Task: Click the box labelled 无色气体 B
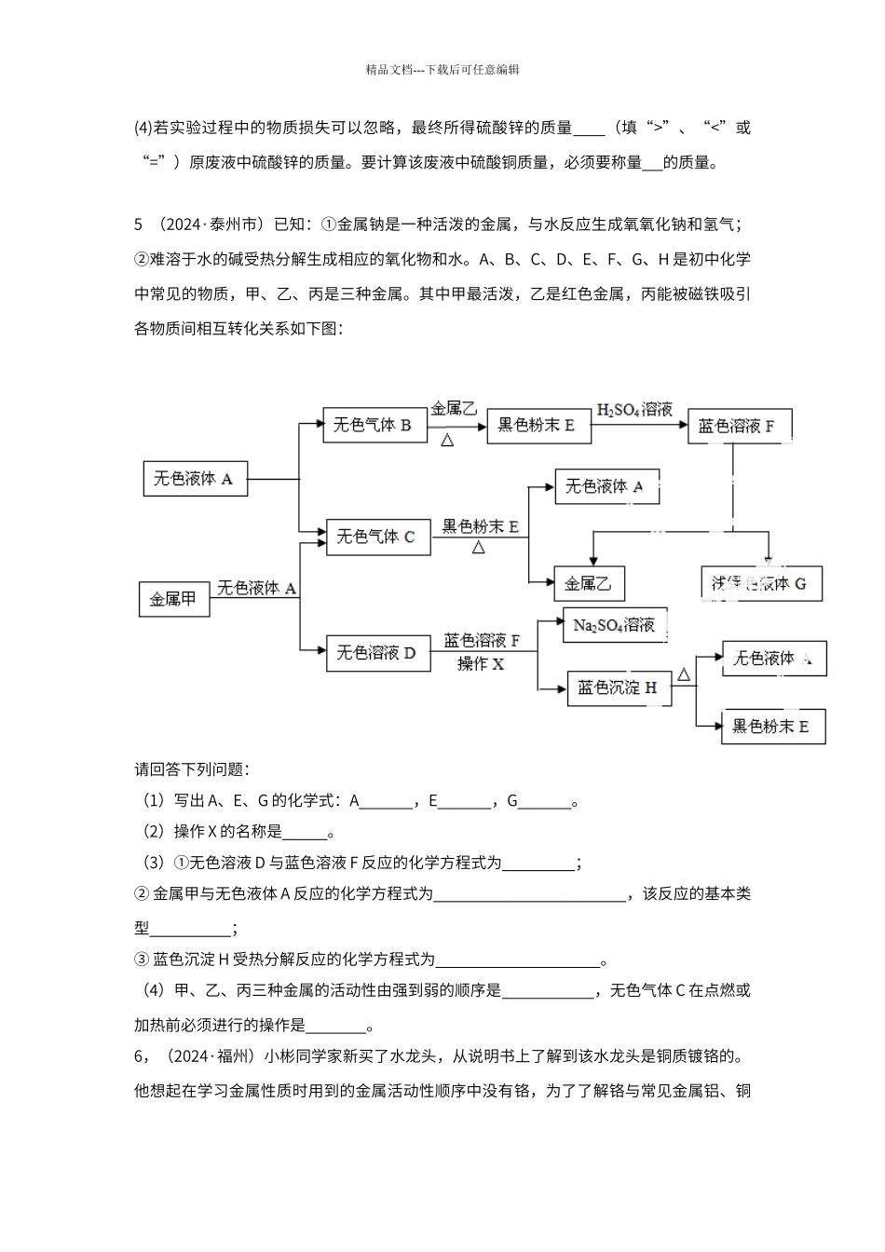[374, 426]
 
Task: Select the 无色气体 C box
[377, 537]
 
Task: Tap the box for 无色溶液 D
[377, 653]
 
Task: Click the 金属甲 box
[174, 599]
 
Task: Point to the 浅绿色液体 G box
[760, 583]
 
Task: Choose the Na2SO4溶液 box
[614, 625]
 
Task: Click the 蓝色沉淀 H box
[619, 687]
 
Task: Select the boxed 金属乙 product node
[589, 584]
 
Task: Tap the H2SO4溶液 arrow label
[634, 409]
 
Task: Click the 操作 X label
[481, 664]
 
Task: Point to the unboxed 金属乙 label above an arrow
[454, 409]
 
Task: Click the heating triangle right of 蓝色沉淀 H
[684, 674]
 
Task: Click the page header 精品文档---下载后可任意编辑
[442, 69]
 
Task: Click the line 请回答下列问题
[192, 769]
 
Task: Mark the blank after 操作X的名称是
[305, 832]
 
